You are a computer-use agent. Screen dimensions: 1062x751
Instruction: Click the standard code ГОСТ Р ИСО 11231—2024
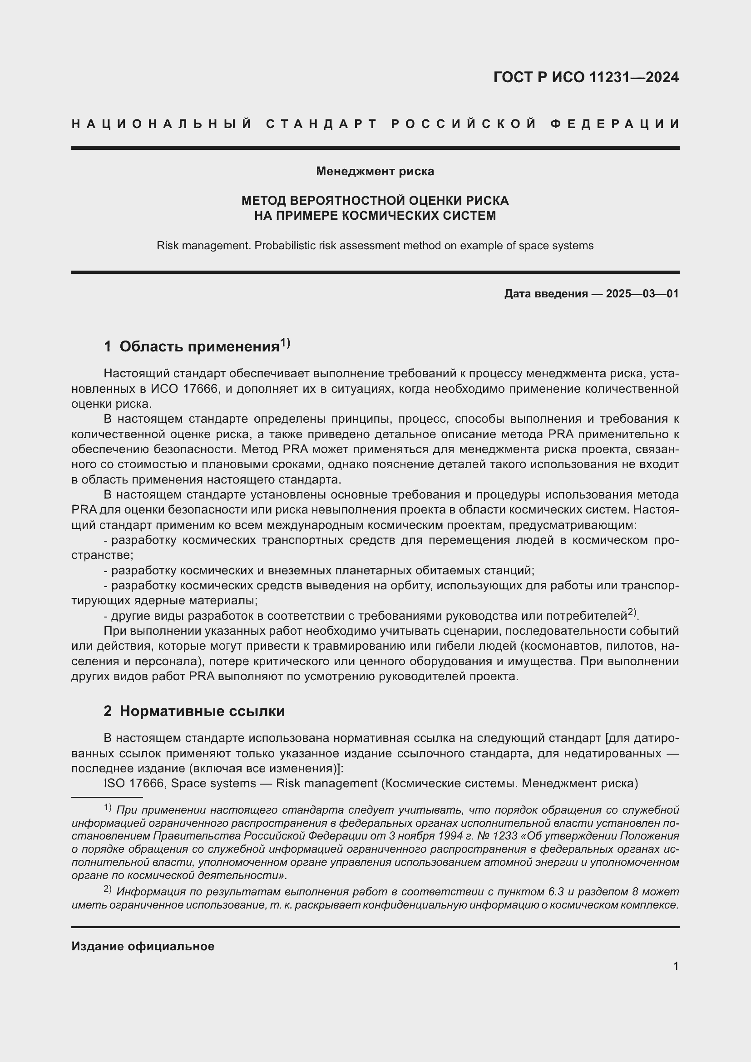coord(586,77)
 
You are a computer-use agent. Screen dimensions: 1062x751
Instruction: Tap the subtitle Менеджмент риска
coord(375,172)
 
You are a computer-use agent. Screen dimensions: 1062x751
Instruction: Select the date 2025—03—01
coord(642,294)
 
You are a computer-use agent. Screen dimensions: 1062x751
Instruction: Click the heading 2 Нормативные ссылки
coord(194,711)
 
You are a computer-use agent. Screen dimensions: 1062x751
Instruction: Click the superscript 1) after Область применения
coord(285,343)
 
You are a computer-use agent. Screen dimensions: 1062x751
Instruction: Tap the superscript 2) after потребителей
coord(632,613)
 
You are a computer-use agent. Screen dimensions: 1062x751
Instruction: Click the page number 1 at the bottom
coord(676,966)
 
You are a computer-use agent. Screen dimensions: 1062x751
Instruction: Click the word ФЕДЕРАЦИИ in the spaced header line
coord(615,124)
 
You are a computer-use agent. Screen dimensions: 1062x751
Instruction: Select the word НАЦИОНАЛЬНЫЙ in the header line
coord(162,124)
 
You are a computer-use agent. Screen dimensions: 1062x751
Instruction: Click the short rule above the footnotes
coord(107,797)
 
